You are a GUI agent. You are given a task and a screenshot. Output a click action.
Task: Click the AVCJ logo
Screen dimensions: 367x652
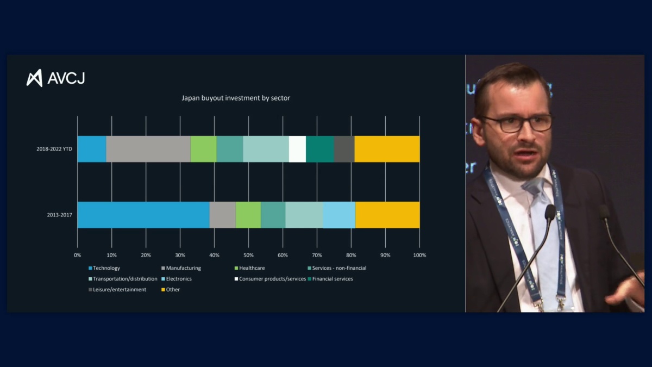click(56, 78)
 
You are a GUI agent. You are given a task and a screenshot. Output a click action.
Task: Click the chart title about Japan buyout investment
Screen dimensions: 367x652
click(236, 98)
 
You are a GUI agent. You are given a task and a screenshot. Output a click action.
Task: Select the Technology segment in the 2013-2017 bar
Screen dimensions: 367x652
click(143, 215)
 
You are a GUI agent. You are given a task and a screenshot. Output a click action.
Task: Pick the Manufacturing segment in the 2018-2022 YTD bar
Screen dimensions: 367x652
click(148, 149)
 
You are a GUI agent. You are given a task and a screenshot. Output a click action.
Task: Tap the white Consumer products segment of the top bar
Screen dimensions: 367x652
click(297, 149)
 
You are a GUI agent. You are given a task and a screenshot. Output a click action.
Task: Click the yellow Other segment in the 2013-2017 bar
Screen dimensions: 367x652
click(387, 215)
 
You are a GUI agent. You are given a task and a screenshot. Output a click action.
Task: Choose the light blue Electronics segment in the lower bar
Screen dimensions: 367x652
click(339, 215)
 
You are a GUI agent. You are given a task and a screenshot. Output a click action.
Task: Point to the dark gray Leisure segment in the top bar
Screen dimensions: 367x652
click(344, 149)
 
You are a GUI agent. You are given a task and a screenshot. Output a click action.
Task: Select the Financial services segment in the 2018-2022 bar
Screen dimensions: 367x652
click(320, 149)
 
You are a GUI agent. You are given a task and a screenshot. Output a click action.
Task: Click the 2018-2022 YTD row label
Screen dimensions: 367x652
click(54, 149)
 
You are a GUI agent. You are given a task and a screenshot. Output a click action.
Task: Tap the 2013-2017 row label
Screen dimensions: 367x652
click(59, 215)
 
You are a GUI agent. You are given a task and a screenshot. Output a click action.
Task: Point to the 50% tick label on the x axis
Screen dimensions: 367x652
click(248, 255)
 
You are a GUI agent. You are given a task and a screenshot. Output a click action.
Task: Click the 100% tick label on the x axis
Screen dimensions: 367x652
click(419, 255)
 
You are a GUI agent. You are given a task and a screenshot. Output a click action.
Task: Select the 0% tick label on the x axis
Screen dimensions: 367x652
click(78, 255)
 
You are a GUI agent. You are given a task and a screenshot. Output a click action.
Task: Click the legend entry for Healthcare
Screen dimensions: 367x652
click(251, 268)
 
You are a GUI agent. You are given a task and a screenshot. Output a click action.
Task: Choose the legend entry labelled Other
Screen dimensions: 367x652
click(173, 290)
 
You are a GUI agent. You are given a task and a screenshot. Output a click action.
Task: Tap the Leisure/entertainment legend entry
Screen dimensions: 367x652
click(119, 290)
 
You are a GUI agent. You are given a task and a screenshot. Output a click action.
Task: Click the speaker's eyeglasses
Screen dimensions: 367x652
click(516, 123)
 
